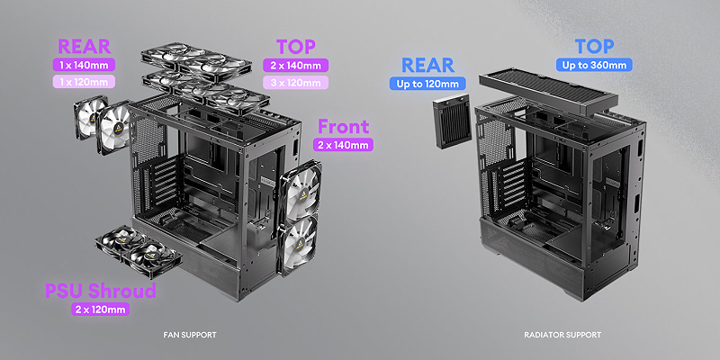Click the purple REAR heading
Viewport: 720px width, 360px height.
point(84,47)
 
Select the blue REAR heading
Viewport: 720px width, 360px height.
point(428,65)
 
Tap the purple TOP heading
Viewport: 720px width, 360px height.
point(296,47)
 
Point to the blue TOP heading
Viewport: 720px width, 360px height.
point(594,47)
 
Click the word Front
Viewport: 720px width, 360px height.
point(343,126)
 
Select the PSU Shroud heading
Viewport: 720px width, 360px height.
point(101,291)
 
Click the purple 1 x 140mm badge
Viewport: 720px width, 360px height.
point(84,65)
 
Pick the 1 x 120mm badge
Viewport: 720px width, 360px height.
point(84,82)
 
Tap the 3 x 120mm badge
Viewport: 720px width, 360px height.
point(296,83)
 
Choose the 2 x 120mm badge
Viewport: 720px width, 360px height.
point(101,309)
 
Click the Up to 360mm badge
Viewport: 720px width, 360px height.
point(594,65)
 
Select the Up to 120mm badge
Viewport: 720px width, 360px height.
point(427,84)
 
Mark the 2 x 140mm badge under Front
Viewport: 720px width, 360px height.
point(343,145)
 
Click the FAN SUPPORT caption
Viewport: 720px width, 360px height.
point(190,335)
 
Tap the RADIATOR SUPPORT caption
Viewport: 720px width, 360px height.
point(562,335)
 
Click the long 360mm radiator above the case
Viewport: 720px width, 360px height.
point(549,92)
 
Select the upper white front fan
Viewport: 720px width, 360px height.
point(301,192)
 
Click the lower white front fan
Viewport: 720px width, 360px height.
point(298,246)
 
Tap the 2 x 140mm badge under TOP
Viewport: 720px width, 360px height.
point(296,65)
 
